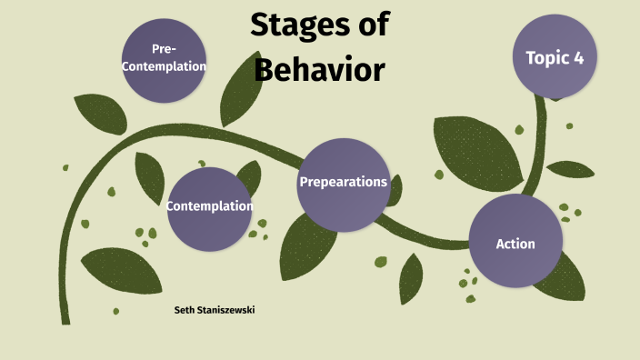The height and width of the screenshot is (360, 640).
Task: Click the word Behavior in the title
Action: (x=319, y=70)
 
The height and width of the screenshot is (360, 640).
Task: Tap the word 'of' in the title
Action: (x=372, y=25)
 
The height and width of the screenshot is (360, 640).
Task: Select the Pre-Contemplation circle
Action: (x=165, y=59)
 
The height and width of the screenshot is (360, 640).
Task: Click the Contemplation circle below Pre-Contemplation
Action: (x=209, y=209)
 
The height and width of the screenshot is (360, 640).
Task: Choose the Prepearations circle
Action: (x=343, y=185)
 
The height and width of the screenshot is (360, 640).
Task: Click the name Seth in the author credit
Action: (x=184, y=311)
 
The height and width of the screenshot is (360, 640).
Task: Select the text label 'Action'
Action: (x=515, y=244)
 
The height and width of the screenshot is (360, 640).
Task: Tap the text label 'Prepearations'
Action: (x=343, y=182)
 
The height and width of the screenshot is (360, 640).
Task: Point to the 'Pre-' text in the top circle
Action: (x=165, y=49)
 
